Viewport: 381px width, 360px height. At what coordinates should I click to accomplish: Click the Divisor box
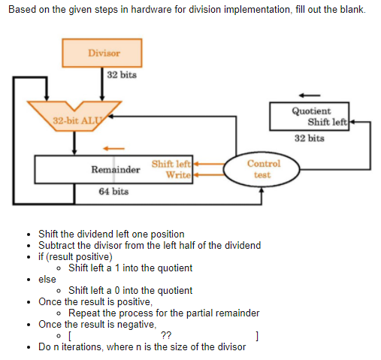[103, 53]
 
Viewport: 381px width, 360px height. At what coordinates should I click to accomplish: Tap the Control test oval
[262, 168]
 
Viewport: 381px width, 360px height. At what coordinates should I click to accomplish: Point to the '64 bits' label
[113, 192]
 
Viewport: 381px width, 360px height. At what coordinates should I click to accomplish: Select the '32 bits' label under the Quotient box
[309, 138]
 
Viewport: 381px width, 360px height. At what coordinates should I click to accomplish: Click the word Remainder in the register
[115, 170]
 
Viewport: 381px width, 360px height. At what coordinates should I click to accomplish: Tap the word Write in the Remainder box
[177, 175]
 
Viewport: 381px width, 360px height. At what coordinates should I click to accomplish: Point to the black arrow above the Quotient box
[309, 95]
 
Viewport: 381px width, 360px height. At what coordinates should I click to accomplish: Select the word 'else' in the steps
[47, 279]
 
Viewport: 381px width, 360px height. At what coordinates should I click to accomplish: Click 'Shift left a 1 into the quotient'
[130, 268]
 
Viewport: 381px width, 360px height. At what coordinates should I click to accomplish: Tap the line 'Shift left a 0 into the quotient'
[130, 290]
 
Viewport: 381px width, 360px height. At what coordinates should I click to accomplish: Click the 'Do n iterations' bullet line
[141, 346]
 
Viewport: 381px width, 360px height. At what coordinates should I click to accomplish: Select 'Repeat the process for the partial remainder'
[163, 313]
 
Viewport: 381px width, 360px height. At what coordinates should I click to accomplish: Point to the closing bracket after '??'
[257, 335]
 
